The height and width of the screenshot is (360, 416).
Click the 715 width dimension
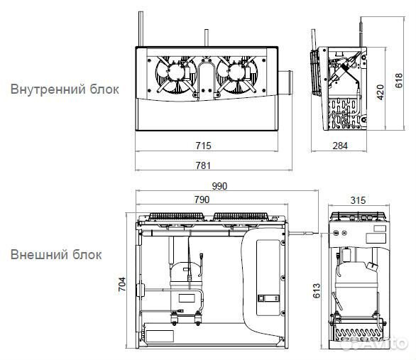(203, 145)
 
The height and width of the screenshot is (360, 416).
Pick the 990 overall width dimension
(219, 186)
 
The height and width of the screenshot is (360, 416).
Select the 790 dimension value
(202, 200)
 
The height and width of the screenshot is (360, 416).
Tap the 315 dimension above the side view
(359, 200)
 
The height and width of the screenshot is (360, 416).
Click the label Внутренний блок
(64, 90)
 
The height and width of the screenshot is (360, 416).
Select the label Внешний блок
(56, 254)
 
